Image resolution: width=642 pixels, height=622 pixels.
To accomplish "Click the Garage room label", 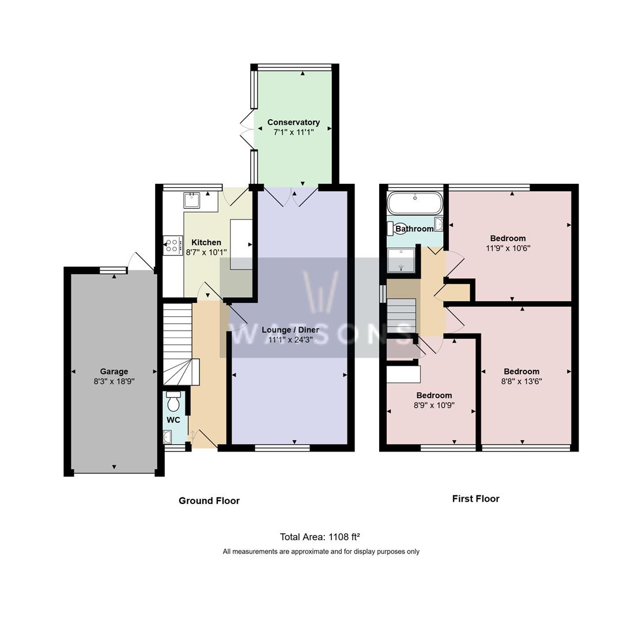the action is click(114, 371).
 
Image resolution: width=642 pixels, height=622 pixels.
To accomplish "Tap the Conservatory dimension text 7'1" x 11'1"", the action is click(293, 132).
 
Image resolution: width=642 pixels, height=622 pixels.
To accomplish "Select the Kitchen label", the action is click(206, 242).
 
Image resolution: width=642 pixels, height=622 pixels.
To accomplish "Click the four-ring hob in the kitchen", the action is click(172, 245).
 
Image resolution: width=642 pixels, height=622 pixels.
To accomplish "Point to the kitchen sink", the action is click(191, 200).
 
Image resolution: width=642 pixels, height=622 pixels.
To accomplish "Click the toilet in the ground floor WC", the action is click(173, 401).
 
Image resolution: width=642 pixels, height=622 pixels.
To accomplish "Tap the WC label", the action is click(173, 420).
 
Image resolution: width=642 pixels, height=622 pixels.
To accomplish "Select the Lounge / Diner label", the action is click(290, 330).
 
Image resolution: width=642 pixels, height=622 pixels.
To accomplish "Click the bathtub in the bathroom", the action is click(415, 203).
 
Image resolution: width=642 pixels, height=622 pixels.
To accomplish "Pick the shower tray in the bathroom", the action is click(401, 261).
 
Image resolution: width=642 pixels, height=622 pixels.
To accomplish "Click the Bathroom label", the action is click(414, 229).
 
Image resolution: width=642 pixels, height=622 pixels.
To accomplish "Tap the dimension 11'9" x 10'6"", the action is click(508, 248).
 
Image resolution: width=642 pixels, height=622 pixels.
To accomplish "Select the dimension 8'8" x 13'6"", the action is click(522, 381).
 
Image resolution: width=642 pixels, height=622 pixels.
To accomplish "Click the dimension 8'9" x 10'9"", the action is click(434, 405).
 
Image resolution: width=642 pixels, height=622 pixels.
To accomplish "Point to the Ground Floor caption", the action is click(209, 500).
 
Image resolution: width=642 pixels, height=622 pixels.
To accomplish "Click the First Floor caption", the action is click(476, 498).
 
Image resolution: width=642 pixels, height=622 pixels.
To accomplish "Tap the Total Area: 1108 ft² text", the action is click(320, 537).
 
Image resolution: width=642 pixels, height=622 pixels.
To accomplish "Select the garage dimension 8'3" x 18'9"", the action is click(114, 381).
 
